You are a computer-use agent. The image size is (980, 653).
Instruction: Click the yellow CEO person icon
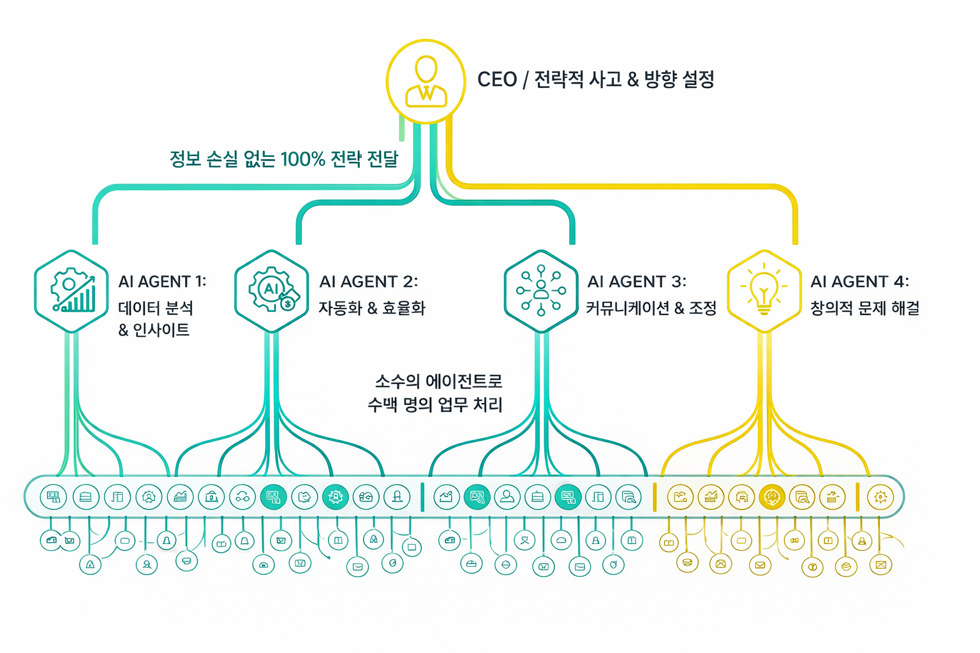pyautogui.click(x=426, y=82)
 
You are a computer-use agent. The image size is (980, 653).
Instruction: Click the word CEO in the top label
pyautogui.click(x=497, y=80)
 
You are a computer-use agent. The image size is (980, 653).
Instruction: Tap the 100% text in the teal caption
pyautogui.click(x=302, y=159)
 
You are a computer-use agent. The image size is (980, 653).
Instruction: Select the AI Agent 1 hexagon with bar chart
pyautogui.click(x=71, y=291)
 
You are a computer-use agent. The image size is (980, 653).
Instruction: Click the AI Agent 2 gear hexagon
pyautogui.click(x=272, y=291)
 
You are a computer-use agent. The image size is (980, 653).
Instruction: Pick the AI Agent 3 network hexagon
pyautogui.click(x=541, y=291)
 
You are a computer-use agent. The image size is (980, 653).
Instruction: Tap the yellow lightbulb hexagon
pyautogui.click(x=764, y=291)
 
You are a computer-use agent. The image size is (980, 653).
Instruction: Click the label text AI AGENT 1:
pyautogui.click(x=162, y=281)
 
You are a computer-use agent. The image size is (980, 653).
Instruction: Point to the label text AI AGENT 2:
pyautogui.click(x=368, y=281)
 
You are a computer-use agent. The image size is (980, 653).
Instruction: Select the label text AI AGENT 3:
pyautogui.click(x=637, y=281)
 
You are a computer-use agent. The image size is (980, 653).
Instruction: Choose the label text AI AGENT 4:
pyautogui.click(x=859, y=281)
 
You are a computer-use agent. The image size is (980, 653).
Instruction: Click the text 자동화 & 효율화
pyautogui.click(x=372, y=308)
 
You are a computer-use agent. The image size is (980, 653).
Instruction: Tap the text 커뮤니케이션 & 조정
pyautogui.click(x=651, y=308)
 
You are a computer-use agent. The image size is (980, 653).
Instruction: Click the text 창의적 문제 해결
pyautogui.click(x=865, y=308)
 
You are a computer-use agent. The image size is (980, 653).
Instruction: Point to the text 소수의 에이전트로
pyautogui.click(x=438, y=381)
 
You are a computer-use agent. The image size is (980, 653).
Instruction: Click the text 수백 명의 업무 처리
pyautogui.click(x=435, y=404)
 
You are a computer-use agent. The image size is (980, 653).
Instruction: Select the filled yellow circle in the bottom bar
pyautogui.click(x=772, y=497)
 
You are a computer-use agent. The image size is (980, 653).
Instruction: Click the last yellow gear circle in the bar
pyautogui.click(x=880, y=497)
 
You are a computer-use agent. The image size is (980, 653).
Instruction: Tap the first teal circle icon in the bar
pyautogui.click(x=54, y=497)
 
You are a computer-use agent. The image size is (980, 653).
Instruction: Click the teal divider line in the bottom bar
pyautogui.click(x=422, y=497)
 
